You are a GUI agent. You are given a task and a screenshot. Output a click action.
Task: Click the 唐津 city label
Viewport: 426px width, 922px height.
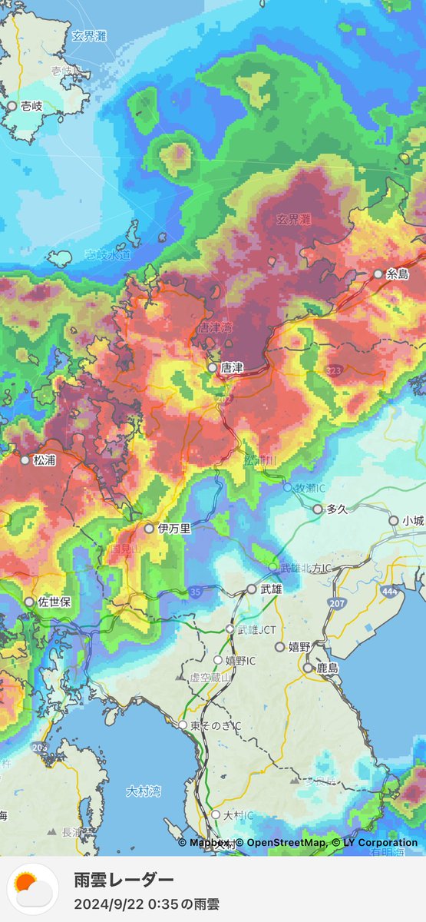tap(232, 368)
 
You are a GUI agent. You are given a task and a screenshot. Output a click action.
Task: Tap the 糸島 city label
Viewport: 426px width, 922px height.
tap(398, 274)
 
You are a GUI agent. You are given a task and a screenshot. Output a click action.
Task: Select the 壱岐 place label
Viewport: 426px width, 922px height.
tap(31, 106)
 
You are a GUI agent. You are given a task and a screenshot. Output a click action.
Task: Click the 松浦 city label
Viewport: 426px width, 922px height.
tap(45, 460)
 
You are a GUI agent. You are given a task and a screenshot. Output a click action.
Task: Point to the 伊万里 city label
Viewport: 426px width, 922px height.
tap(174, 529)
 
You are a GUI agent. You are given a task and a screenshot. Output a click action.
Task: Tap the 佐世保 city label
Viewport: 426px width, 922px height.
tap(54, 602)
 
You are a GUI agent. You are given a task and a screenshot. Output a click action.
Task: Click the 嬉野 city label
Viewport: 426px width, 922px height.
tap(299, 648)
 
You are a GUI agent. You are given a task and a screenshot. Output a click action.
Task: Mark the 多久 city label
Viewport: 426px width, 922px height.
tap(338, 509)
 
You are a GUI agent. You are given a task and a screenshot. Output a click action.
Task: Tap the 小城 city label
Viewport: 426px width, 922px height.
tap(413, 520)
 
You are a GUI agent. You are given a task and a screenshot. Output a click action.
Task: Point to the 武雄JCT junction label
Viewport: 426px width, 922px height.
tap(257, 629)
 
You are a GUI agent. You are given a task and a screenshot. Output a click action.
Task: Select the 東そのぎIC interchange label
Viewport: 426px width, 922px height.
tap(216, 725)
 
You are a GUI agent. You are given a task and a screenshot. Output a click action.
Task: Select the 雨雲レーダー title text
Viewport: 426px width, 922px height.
tap(124, 880)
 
